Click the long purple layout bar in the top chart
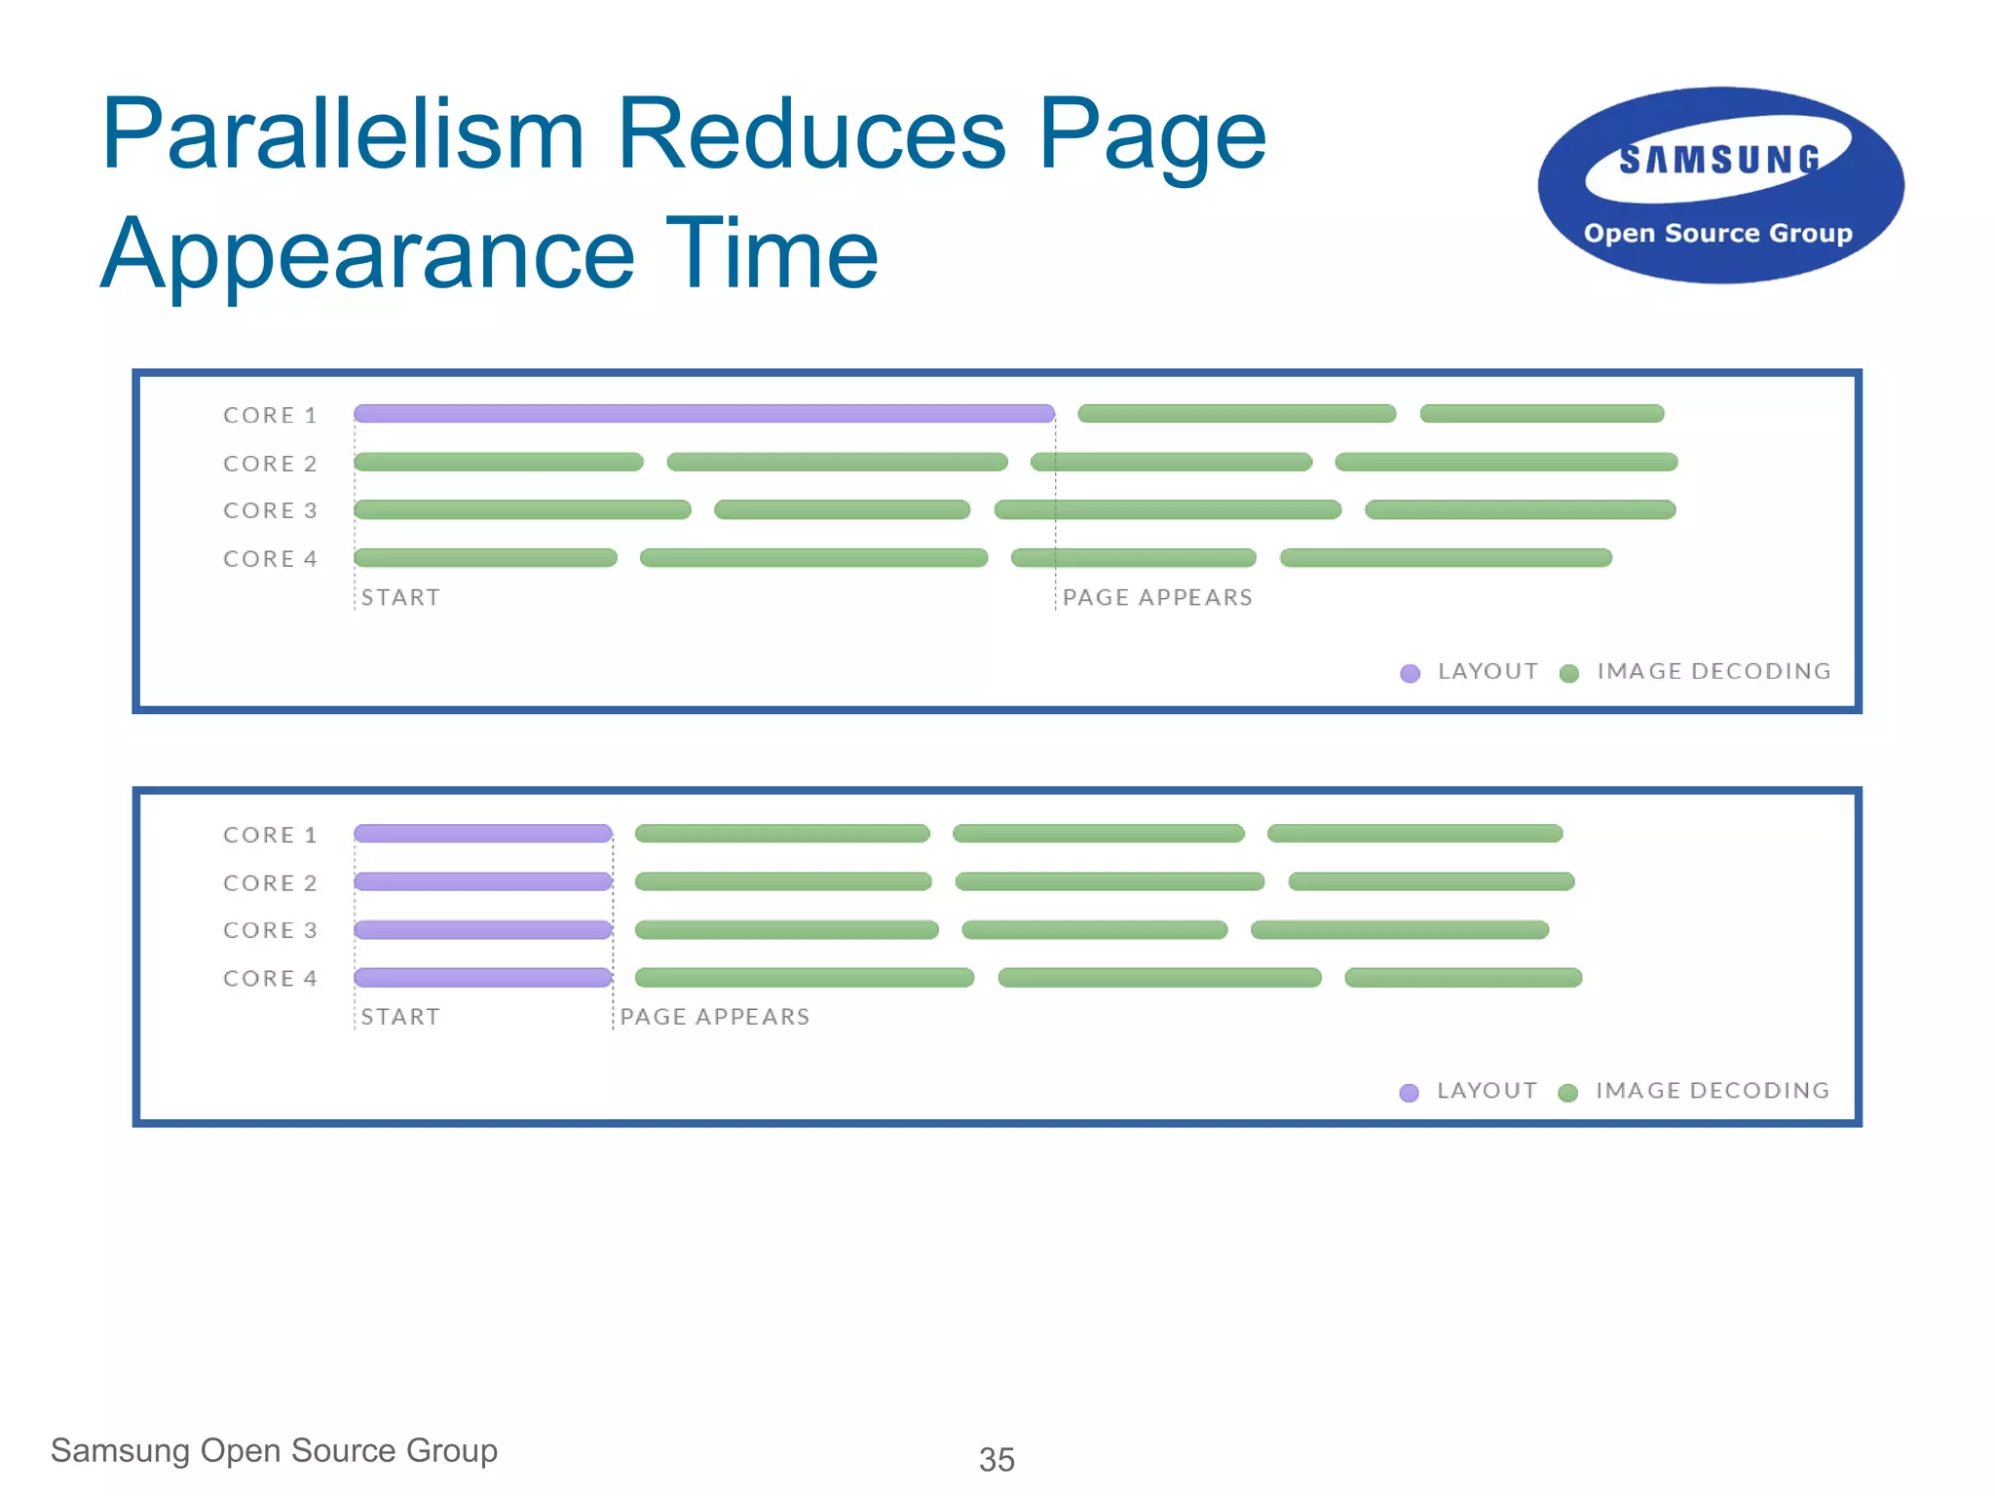703,414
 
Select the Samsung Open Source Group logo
1720,186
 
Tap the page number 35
997,1459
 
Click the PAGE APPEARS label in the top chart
1157,597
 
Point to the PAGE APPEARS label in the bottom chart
715,1017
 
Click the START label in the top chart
400,597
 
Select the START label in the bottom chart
400,1017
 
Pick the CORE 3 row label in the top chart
270,510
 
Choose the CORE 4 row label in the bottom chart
270,979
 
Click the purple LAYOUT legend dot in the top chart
1410,673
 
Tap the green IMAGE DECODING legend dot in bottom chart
1567,1093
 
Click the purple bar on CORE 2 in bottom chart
483,881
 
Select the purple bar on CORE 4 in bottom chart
483,978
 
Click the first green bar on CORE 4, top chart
485,558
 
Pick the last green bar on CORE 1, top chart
1542,414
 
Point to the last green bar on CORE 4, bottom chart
1463,978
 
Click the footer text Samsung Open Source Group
274,1450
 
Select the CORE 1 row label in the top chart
270,416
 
